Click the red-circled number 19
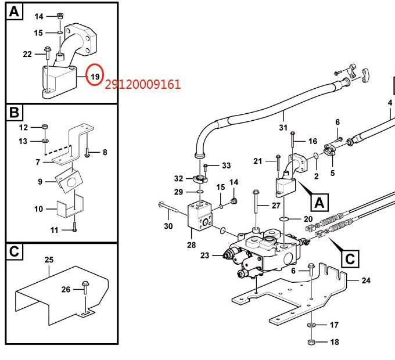[x=95, y=76]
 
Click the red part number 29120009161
[x=142, y=84]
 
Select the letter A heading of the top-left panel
[x=14, y=12]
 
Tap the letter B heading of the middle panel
[x=14, y=112]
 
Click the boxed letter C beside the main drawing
[x=350, y=258]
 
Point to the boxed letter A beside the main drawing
[x=319, y=203]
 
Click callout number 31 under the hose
[x=283, y=128]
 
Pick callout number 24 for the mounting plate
[x=366, y=280]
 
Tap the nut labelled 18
[x=311, y=342]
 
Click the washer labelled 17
[x=311, y=325]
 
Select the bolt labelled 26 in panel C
[x=85, y=287]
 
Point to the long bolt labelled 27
[x=256, y=204]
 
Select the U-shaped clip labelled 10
[x=70, y=206]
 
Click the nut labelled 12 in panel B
[x=45, y=127]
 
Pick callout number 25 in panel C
[x=49, y=260]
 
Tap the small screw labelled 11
[x=74, y=226]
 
